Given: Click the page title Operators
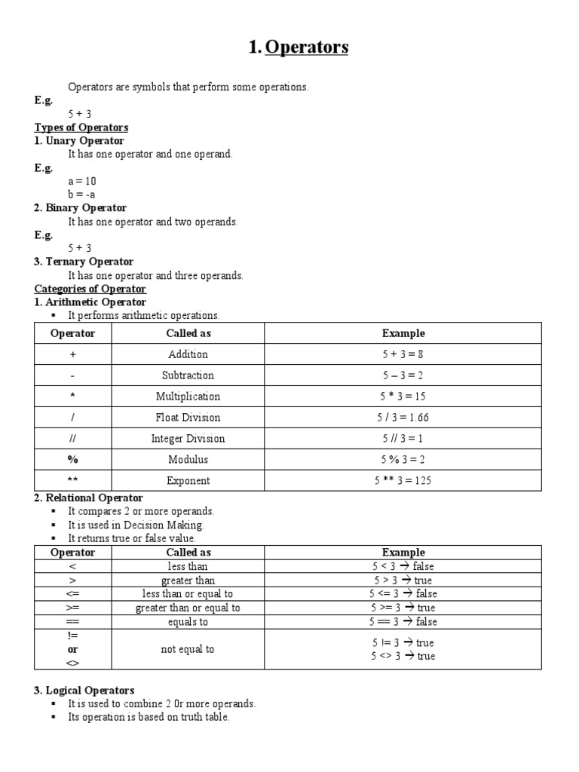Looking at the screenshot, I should click(299, 47).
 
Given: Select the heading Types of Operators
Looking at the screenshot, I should click(81, 127).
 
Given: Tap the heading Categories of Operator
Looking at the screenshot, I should click(90, 289).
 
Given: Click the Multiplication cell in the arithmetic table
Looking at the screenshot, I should click(188, 397).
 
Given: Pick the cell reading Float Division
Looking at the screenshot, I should click(188, 418).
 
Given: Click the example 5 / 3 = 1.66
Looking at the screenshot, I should click(403, 418).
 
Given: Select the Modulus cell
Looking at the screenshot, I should click(188, 460).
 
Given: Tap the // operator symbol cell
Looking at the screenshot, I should click(73, 439).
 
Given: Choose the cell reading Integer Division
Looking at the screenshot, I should click(188, 439).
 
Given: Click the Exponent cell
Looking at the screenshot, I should click(188, 481).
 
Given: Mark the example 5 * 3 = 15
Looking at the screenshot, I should click(403, 397).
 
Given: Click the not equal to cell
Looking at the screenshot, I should click(188, 649).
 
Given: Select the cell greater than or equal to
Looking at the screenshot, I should click(188, 608).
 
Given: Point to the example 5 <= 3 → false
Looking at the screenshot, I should click(403, 594).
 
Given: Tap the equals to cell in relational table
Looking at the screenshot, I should click(188, 622).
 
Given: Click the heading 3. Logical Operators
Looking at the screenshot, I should click(84, 690).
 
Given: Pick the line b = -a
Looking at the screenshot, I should click(81, 195).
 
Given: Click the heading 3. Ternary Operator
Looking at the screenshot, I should click(84, 262).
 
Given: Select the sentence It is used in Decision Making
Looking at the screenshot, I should click(136, 525).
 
